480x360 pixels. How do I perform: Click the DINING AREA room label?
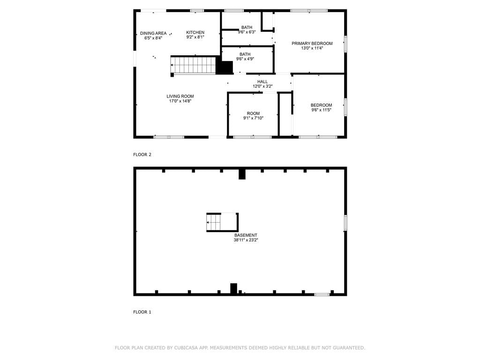coord(153,33)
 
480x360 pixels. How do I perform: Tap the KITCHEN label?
coord(195,32)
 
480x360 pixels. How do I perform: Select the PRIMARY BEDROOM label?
coord(312,44)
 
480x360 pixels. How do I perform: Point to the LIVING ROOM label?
coord(180,96)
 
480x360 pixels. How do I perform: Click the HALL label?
coord(262,82)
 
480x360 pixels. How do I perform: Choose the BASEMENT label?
coord(246,235)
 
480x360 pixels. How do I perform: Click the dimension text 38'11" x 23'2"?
coord(246,240)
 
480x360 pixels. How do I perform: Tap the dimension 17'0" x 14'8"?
coord(180,101)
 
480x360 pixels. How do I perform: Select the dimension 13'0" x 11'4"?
coord(312,48)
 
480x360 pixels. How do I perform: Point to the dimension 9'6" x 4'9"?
coord(245,59)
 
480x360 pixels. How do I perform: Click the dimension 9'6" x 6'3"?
coord(247,32)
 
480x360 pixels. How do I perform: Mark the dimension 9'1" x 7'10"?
coord(253,118)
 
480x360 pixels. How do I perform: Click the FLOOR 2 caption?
coord(142,155)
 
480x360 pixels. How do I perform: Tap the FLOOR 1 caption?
coord(142,312)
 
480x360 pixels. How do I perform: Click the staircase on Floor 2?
coord(193,65)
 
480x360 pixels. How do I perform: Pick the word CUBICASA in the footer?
coord(187,348)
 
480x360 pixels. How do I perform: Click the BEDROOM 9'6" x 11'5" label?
coord(322,107)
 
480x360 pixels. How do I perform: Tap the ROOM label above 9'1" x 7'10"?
coord(253,113)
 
